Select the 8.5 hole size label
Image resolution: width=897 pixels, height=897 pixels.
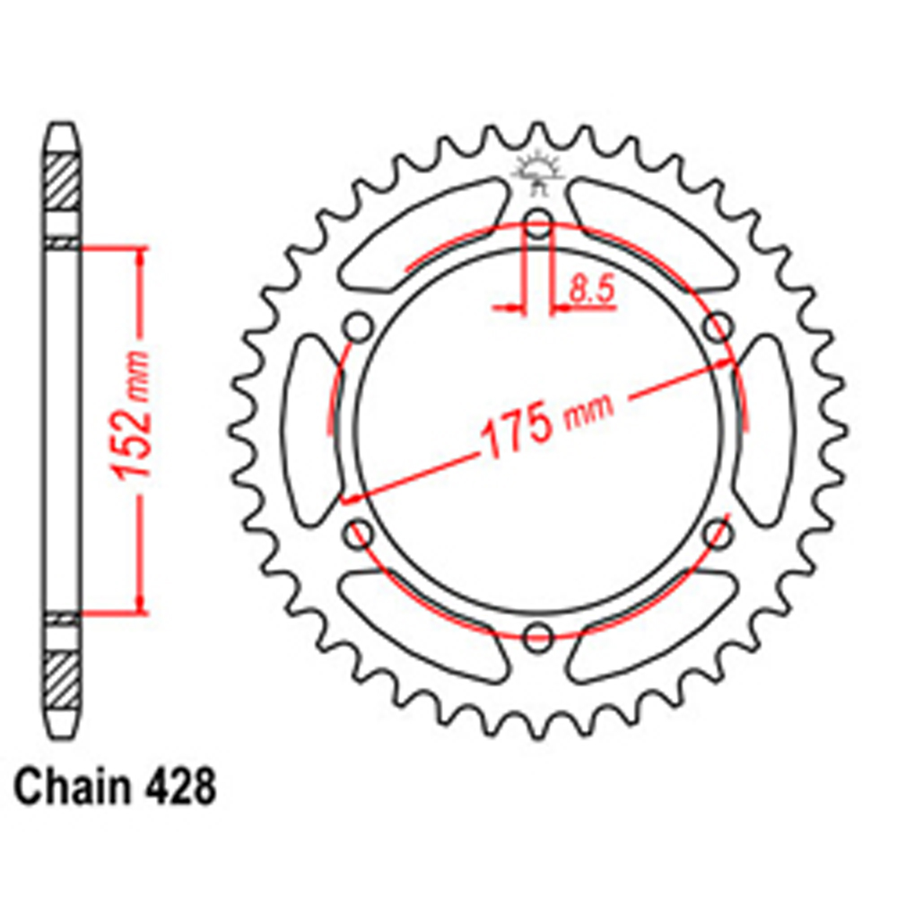[x=591, y=289]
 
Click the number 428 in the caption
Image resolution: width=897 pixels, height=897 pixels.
[x=181, y=788]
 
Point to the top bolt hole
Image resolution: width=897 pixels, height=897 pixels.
[x=538, y=223]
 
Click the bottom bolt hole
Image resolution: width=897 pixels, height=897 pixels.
[x=538, y=637]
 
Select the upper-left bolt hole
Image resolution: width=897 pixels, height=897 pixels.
[x=359, y=327]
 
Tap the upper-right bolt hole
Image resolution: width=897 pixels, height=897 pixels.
[x=718, y=327]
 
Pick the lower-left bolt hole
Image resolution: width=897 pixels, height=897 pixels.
[x=359, y=533]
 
